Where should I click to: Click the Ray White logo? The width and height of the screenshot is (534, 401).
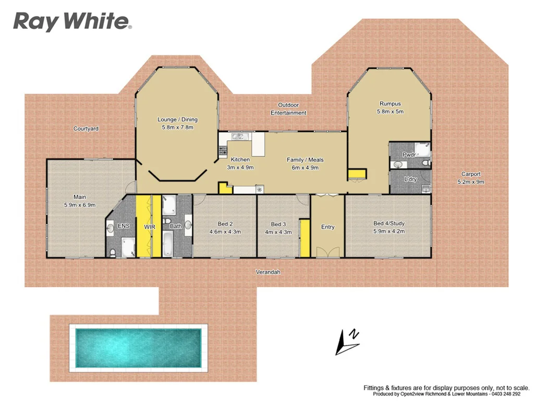pyautogui.click(x=72, y=21)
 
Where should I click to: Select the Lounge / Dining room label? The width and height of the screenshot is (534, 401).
pyautogui.click(x=177, y=120)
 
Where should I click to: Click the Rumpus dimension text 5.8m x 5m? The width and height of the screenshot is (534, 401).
pyautogui.click(x=390, y=112)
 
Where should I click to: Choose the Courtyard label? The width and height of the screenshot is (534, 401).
pyautogui.click(x=86, y=128)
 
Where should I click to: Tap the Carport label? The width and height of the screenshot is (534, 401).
pyautogui.click(x=470, y=174)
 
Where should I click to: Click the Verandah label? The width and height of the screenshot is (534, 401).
pyautogui.click(x=268, y=272)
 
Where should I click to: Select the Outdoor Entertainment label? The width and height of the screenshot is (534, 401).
pyautogui.click(x=288, y=109)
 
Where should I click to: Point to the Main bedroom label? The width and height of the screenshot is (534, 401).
pyautogui.click(x=79, y=197)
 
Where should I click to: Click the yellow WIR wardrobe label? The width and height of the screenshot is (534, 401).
pyautogui.click(x=150, y=227)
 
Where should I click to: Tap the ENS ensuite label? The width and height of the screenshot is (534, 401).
pyautogui.click(x=124, y=226)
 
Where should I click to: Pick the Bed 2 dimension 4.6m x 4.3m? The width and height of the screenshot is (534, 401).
pyautogui.click(x=225, y=232)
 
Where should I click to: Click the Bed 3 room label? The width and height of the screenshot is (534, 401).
pyautogui.click(x=279, y=225)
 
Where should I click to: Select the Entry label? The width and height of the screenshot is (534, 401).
pyautogui.click(x=327, y=227)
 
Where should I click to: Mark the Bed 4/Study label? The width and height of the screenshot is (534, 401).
pyautogui.click(x=389, y=223)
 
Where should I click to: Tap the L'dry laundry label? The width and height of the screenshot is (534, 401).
pyautogui.click(x=410, y=180)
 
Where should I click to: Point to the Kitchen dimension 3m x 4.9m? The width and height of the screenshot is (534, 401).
pyautogui.click(x=240, y=168)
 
